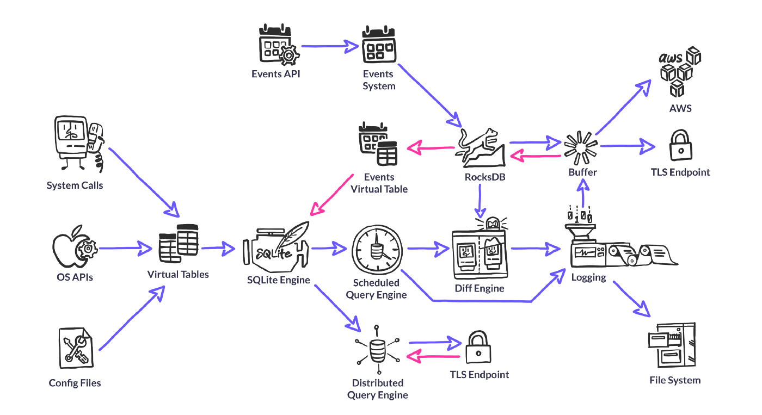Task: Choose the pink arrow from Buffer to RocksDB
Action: click(536, 157)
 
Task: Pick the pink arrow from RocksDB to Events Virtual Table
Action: click(431, 147)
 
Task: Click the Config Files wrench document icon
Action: click(77, 348)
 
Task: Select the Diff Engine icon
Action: click(478, 248)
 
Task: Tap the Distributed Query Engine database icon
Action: click(377, 350)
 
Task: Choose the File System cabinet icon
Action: click(672, 345)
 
